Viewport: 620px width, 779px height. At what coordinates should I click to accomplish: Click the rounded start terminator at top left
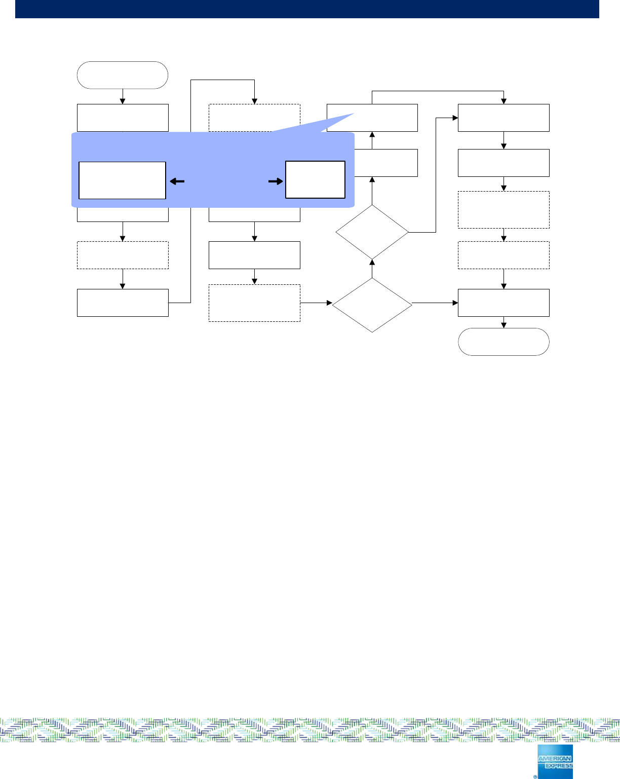(x=122, y=75)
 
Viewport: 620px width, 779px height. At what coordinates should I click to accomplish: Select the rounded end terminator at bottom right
(x=503, y=342)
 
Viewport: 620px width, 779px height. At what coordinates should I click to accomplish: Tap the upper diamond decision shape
(x=372, y=232)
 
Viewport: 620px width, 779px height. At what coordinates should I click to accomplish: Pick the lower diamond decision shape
(x=372, y=303)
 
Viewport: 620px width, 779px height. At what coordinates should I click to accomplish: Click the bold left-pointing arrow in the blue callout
(x=177, y=181)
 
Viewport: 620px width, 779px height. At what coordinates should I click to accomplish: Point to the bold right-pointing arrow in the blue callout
(x=276, y=181)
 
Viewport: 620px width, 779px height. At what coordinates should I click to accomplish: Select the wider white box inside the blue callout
(x=122, y=180)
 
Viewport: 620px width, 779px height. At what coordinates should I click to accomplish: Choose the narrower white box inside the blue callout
(x=315, y=179)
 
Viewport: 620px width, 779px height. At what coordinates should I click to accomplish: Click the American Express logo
(x=555, y=761)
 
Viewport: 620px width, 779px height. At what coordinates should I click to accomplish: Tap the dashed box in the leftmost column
(x=122, y=255)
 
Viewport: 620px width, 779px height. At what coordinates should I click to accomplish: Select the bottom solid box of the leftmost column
(x=122, y=303)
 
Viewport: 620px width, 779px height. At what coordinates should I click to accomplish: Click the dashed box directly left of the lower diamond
(x=254, y=303)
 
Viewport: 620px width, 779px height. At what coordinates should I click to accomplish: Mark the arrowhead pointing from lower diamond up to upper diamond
(x=372, y=262)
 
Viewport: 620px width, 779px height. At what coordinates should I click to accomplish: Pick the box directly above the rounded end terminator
(x=503, y=303)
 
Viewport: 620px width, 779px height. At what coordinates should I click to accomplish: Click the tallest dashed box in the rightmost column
(x=503, y=209)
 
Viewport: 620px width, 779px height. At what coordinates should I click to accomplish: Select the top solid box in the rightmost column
(x=503, y=118)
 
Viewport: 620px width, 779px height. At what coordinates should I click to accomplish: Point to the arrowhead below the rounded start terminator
(x=123, y=101)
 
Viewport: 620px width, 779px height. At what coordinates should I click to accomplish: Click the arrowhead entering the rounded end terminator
(x=503, y=325)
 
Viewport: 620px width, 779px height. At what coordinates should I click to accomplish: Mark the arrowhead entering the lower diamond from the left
(x=329, y=303)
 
